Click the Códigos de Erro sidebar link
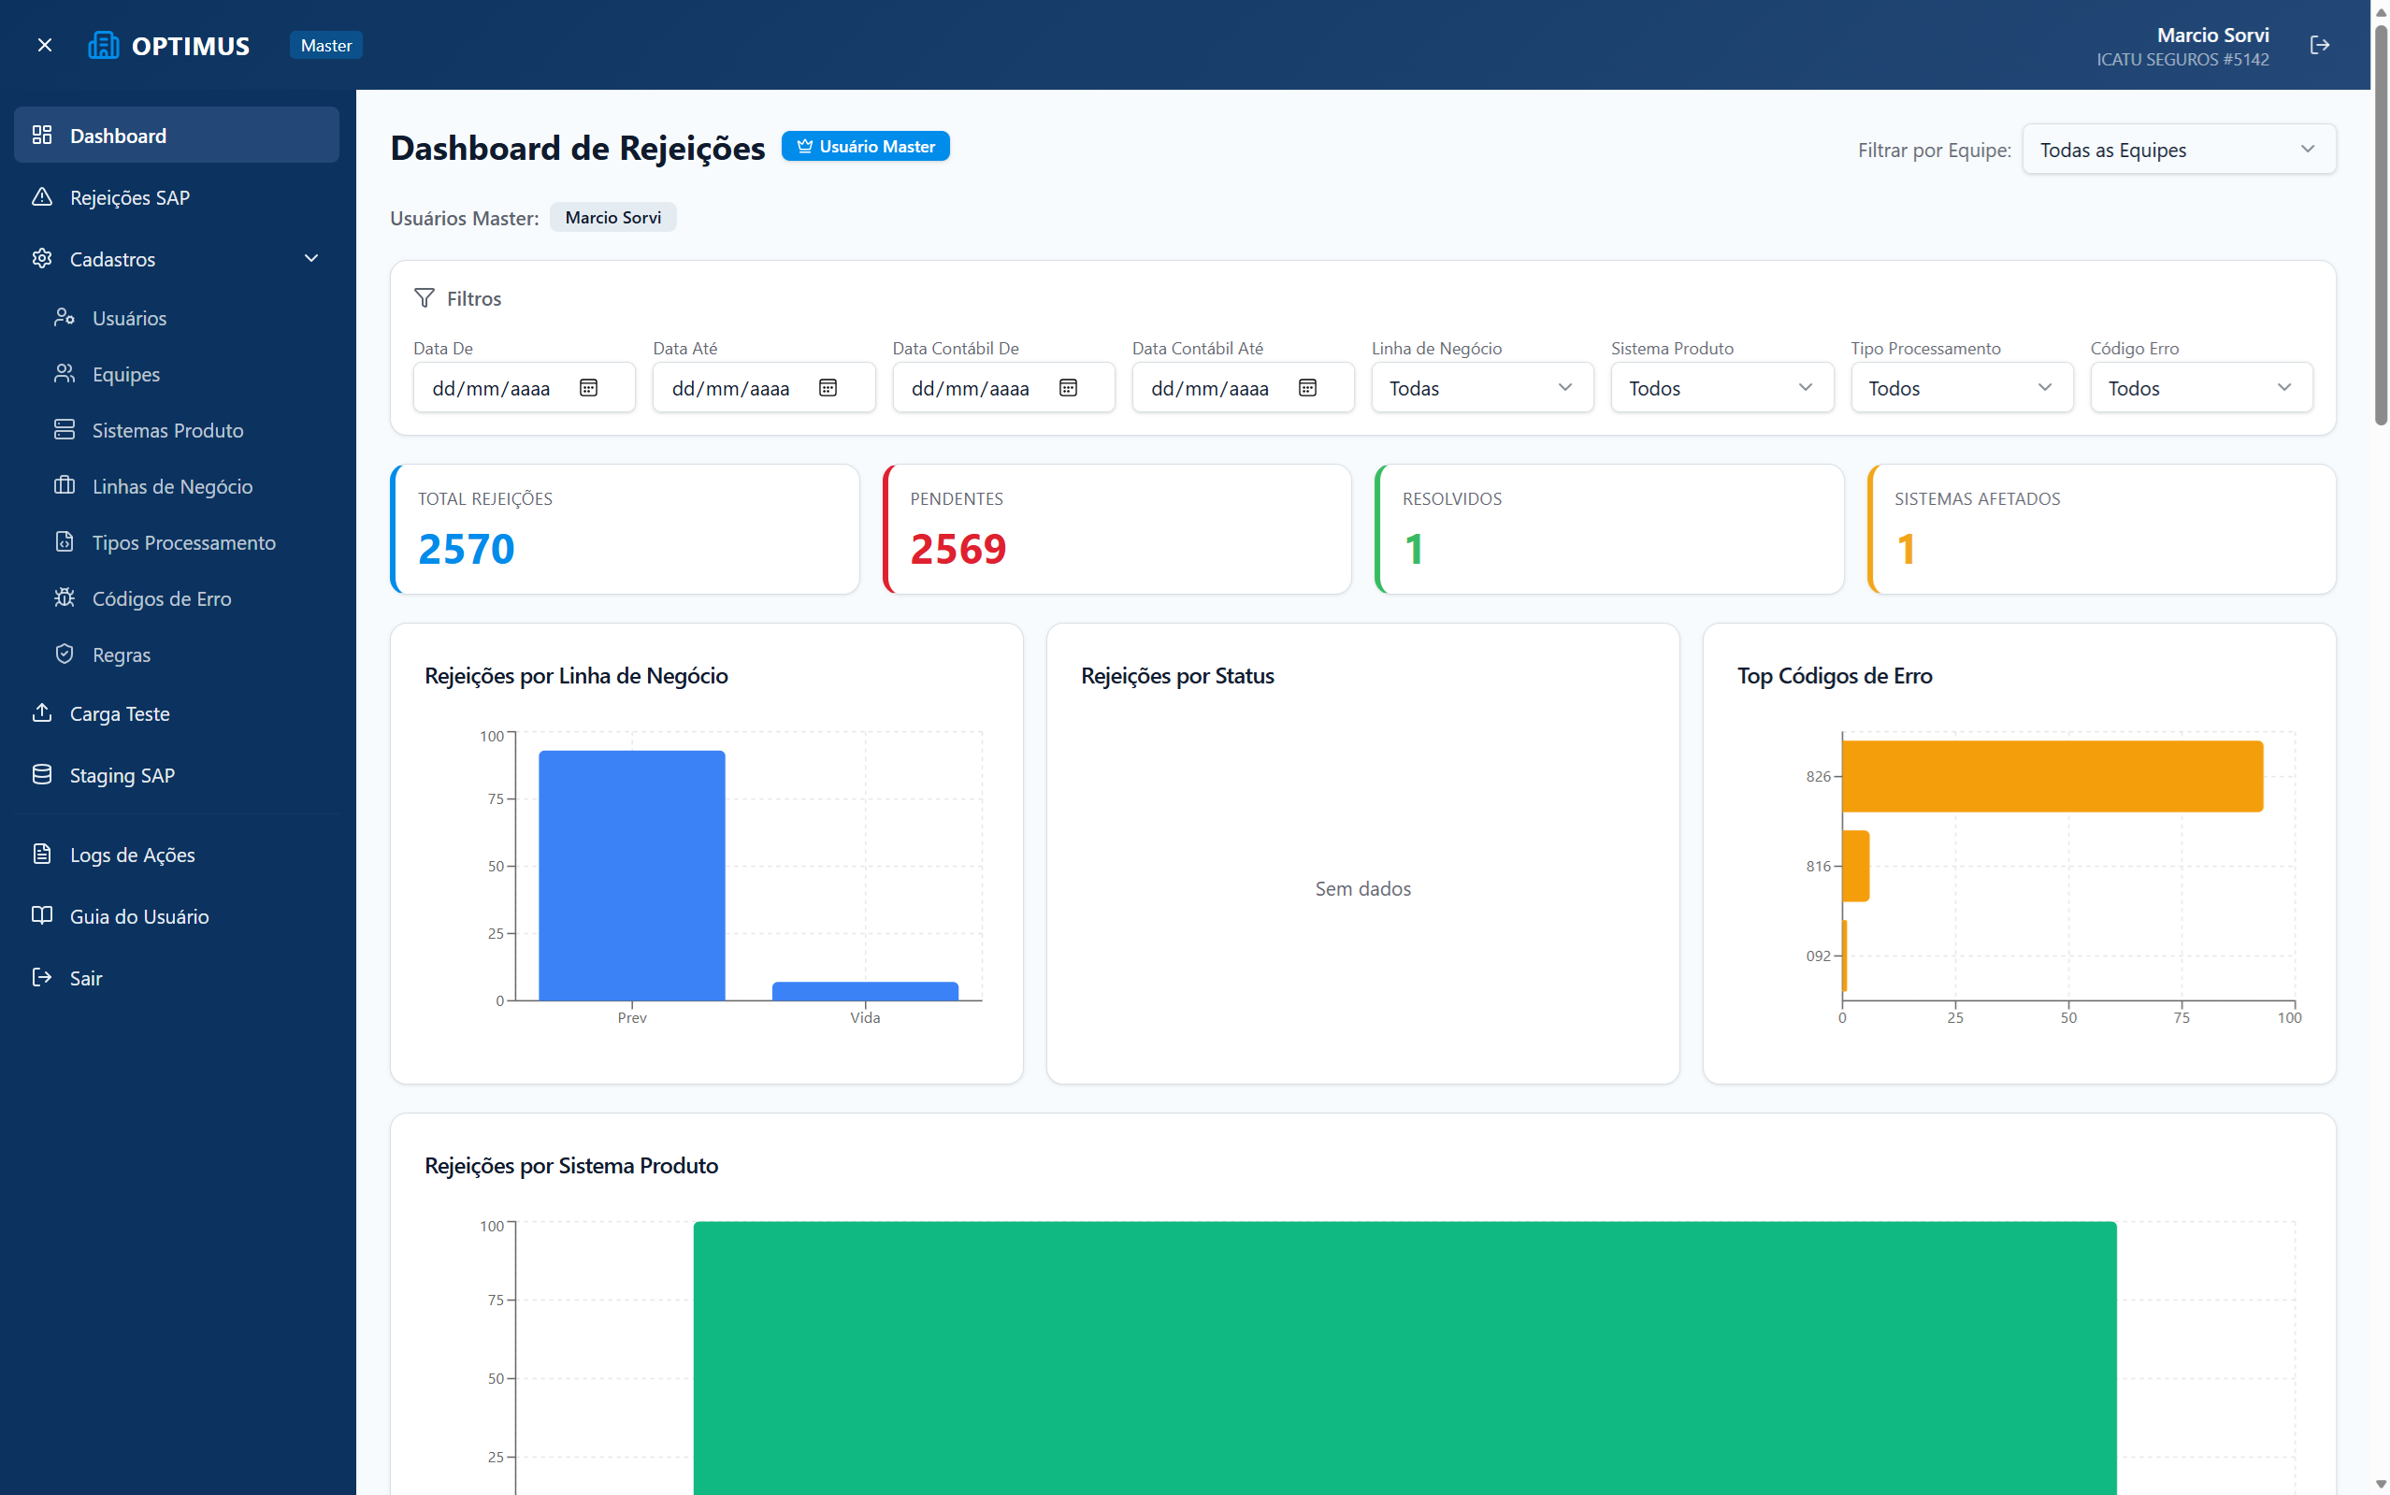click(161, 599)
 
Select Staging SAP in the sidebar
click(122, 775)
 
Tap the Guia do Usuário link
click(138, 916)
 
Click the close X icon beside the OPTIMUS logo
click(45, 46)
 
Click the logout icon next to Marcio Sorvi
click(2320, 46)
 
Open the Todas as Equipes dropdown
click(2179, 150)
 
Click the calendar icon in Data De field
click(588, 388)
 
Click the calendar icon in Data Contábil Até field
click(1307, 388)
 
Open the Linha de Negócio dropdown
click(1481, 388)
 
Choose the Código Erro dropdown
click(2200, 388)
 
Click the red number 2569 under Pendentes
click(958, 550)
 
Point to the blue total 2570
click(466, 550)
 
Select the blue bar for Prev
click(632, 875)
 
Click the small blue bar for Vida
click(865, 991)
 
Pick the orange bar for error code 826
click(2052, 776)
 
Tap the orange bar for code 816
click(1855, 866)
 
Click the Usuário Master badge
click(865, 147)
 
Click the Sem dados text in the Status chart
click(1362, 889)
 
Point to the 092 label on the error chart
click(1818, 956)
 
